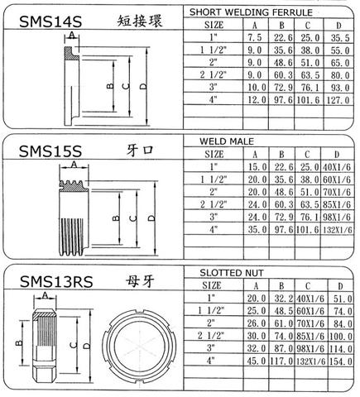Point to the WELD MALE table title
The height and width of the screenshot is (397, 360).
(223, 142)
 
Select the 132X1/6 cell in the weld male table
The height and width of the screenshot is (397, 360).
(339, 228)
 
